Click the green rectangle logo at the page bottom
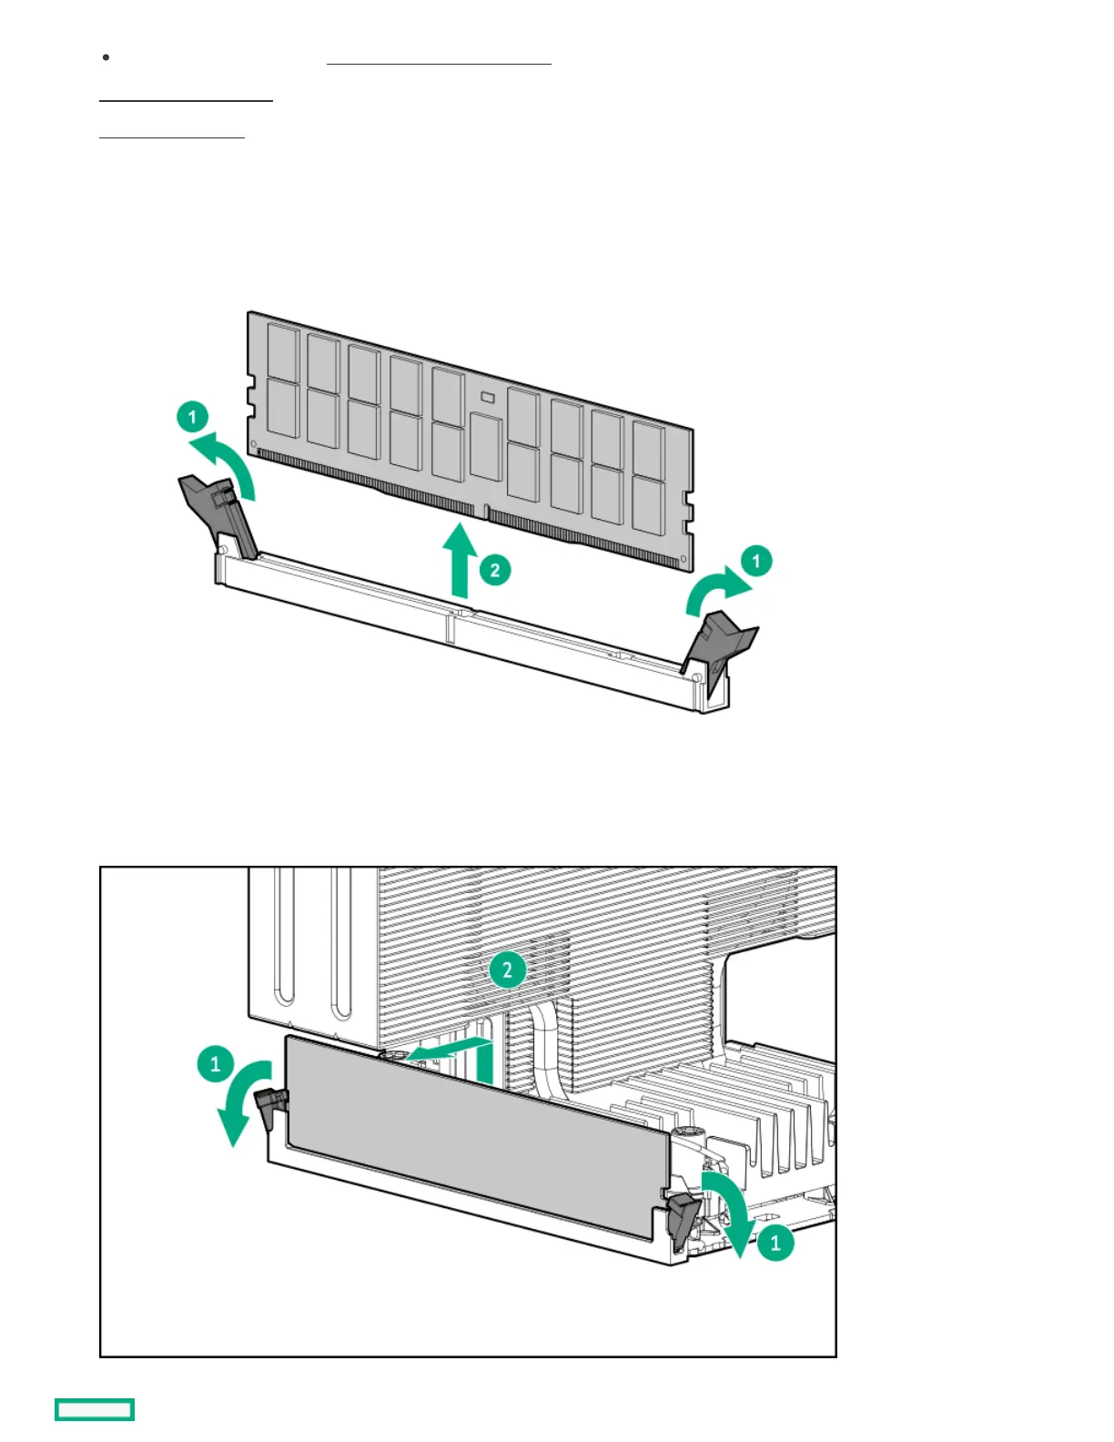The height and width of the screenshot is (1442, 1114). (x=95, y=1409)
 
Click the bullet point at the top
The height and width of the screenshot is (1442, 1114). (x=106, y=57)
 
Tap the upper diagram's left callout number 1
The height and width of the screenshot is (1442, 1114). (x=192, y=418)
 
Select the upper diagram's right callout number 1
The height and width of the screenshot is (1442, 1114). (x=756, y=560)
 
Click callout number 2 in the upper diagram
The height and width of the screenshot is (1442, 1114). (x=494, y=571)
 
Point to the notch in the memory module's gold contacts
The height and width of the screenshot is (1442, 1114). (x=485, y=512)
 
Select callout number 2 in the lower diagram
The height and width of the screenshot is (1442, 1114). (x=507, y=970)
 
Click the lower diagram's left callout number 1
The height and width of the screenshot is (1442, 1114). (x=216, y=1063)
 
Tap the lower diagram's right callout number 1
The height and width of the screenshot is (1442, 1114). (x=775, y=1241)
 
